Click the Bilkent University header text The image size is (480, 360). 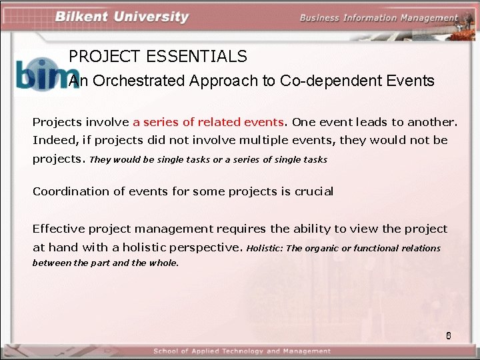[122, 17]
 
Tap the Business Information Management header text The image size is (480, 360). [379, 18]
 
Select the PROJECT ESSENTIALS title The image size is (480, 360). [158, 57]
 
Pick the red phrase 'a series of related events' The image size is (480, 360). [209, 122]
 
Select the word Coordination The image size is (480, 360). [72, 191]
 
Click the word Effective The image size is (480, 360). [61, 229]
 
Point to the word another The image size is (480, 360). [434, 122]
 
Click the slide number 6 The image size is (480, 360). [449, 335]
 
